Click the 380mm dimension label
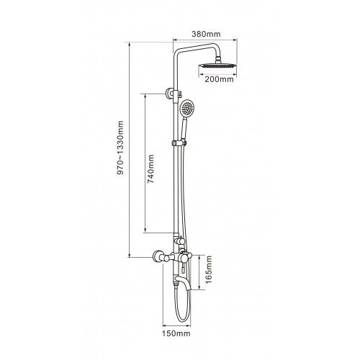pos(206,34)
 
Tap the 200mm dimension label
pos(219,79)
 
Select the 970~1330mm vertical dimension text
pos(120,148)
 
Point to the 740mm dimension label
pos(150,169)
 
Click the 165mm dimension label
pos(209,269)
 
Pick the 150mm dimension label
pos(176,333)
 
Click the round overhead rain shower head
pos(217,66)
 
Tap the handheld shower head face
pos(187,108)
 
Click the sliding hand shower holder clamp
pos(179,143)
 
